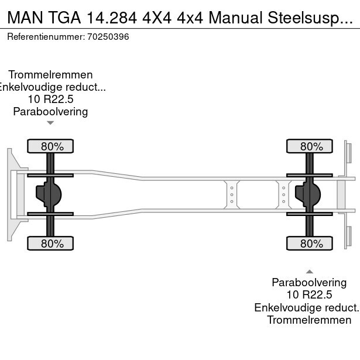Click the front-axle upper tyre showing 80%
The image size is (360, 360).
(x=50, y=146)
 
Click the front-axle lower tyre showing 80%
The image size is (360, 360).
(x=50, y=244)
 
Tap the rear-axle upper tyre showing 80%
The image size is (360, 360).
(x=310, y=146)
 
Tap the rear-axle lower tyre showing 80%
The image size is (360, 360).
(x=310, y=244)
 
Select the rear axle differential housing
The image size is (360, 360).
(x=308, y=194)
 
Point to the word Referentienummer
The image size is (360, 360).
(x=45, y=37)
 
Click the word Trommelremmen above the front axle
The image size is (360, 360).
(x=50, y=75)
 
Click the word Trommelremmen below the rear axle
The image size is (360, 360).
(x=310, y=320)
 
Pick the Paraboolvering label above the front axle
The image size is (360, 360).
(x=50, y=111)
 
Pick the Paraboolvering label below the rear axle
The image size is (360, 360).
(x=310, y=282)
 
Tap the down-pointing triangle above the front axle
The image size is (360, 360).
(x=50, y=123)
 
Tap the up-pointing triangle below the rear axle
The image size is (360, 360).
(x=310, y=271)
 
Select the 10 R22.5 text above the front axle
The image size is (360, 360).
(x=50, y=99)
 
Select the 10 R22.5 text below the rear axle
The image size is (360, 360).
(x=310, y=294)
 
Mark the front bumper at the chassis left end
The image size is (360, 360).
(x=11, y=194)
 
